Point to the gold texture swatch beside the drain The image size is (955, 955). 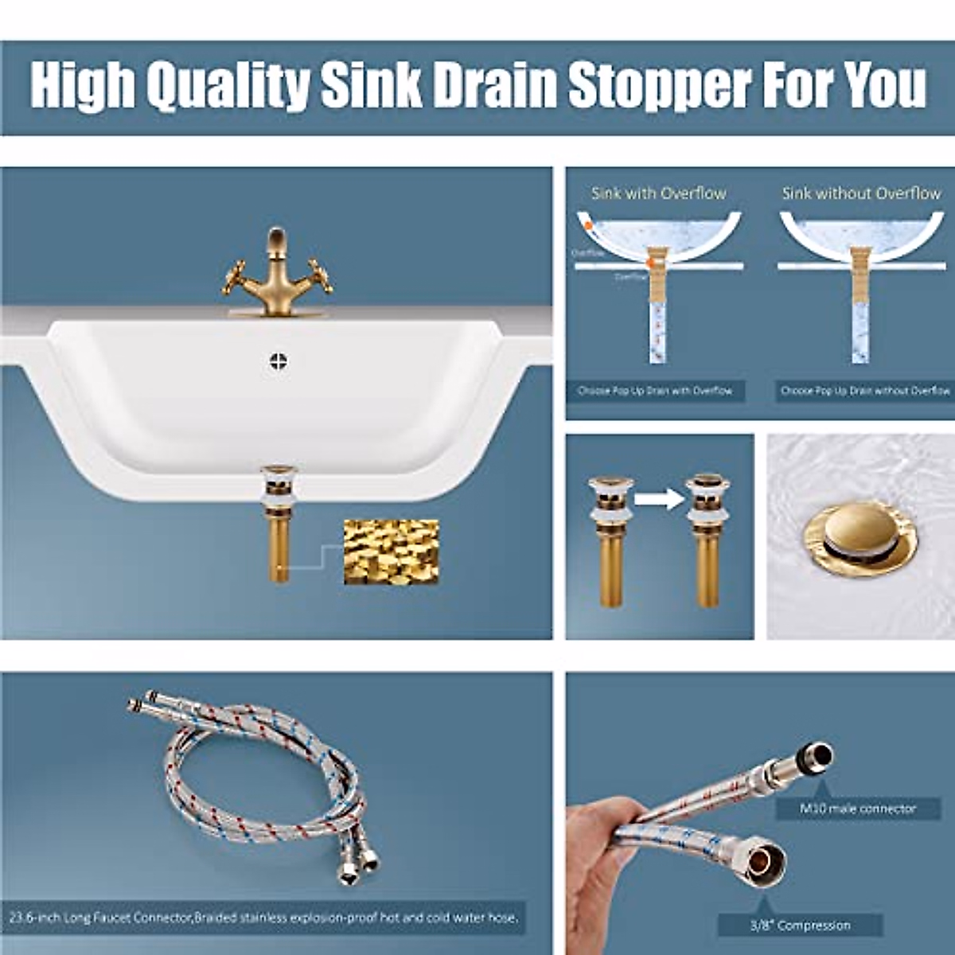click(x=391, y=552)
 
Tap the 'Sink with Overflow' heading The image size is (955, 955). click(x=658, y=193)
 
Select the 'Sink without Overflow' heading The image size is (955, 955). click(x=861, y=193)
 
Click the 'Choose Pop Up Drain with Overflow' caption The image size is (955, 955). click(x=656, y=391)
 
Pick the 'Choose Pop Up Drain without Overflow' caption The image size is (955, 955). click(x=865, y=391)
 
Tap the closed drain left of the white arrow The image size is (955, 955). click(x=610, y=541)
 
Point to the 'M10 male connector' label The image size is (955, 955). click(x=857, y=809)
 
